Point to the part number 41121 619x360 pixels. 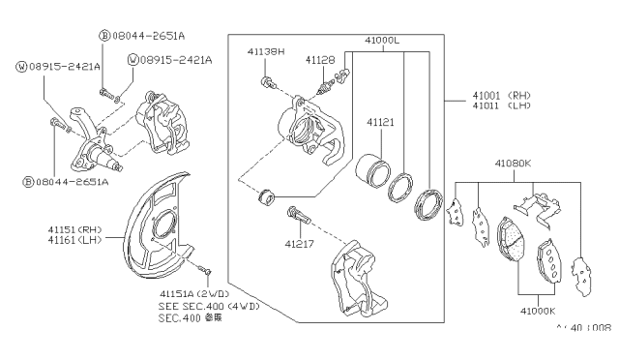[380, 123]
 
